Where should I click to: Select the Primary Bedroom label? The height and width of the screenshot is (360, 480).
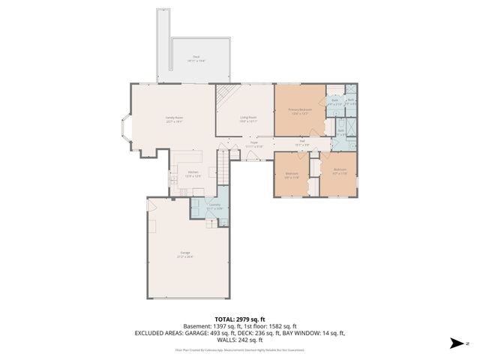click(299, 111)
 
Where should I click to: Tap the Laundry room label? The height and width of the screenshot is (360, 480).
click(214, 205)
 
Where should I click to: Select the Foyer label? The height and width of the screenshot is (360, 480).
click(254, 143)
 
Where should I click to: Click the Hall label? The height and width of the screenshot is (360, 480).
click(302, 143)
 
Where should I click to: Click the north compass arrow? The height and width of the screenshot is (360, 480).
click(457, 343)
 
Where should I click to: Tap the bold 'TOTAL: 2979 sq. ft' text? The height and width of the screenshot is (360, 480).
click(239, 318)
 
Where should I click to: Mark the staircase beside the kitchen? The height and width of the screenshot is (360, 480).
click(222, 163)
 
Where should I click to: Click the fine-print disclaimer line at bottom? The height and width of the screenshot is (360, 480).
click(239, 349)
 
